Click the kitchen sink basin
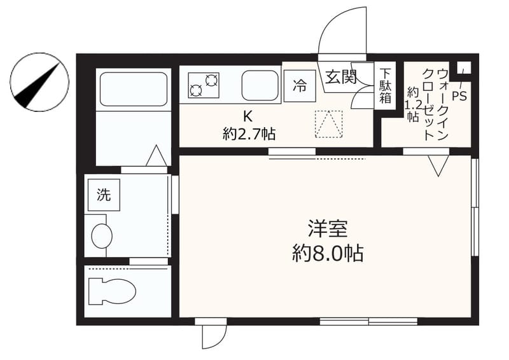coord(259,85)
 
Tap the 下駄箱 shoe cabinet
coord(385,86)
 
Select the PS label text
coord(459,96)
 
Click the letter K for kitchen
coord(249,116)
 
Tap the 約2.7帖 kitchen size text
coord(249,134)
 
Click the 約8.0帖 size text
coord(328,254)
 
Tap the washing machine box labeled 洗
coord(103,195)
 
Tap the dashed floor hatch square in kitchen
coord(328,124)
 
